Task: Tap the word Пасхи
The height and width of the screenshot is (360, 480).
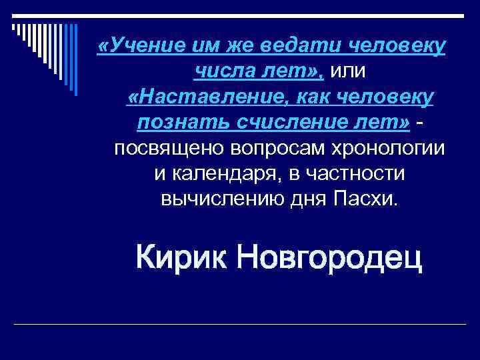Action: tap(366, 199)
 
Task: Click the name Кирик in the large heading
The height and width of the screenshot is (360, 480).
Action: tap(181, 257)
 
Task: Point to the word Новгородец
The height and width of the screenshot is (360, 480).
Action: tap(330, 258)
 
